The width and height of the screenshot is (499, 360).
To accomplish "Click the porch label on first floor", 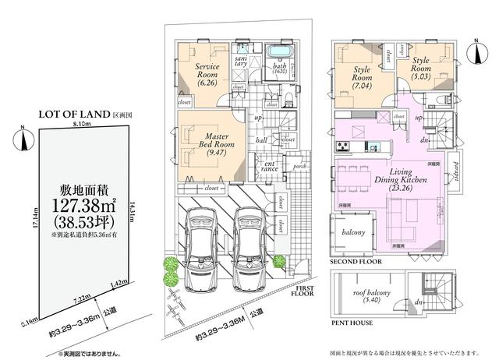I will click(298, 165).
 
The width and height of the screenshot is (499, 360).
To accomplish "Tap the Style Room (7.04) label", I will click(361, 76).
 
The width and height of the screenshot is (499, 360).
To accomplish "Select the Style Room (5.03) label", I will click(420, 67).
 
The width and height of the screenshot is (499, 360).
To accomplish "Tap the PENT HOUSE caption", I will click(351, 323).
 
